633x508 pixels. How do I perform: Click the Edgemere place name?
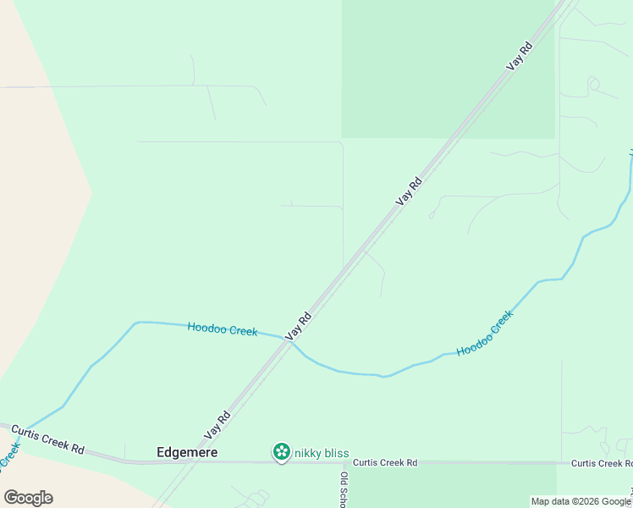[x=187, y=453]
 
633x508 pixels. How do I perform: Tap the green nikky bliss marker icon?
[x=281, y=453]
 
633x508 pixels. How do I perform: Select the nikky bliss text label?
[x=322, y=454]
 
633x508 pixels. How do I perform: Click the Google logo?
[x=28, y=498]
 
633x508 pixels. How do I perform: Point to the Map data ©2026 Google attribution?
[x=581, y=501]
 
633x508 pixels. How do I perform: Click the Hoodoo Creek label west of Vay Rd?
[x=222, y=329]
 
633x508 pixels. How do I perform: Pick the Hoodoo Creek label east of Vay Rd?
[x=485, y=334]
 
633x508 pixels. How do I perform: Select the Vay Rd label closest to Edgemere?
[x=217, y=425]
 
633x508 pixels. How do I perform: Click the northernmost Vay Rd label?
[x=519, y=56]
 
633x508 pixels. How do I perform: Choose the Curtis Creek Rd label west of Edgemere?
[x=48, y=440]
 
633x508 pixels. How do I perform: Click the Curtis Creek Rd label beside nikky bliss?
[x=385, y=463]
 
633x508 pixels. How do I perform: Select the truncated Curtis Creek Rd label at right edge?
[x=601, y=463]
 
